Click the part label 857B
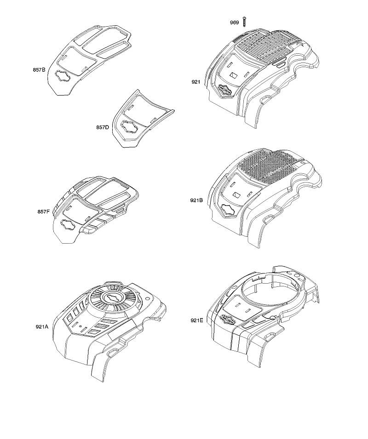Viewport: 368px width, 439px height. point(39,70)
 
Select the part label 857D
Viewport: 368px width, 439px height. point(103,127)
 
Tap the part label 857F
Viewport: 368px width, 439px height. point(43,211)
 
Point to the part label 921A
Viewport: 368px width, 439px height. point(42,326)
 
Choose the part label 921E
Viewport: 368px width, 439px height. point(196,320)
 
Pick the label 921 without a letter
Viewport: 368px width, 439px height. point(196,82)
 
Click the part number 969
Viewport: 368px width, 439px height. point(235,23)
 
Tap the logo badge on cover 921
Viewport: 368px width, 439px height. point(226,91)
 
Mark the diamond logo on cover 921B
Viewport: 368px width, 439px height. point(230,210)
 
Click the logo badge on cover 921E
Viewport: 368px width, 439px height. point(229,319)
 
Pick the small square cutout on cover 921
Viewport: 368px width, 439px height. point(234,75)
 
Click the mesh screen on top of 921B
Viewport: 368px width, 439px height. point(266,165)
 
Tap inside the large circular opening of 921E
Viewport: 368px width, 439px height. point(270,290)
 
